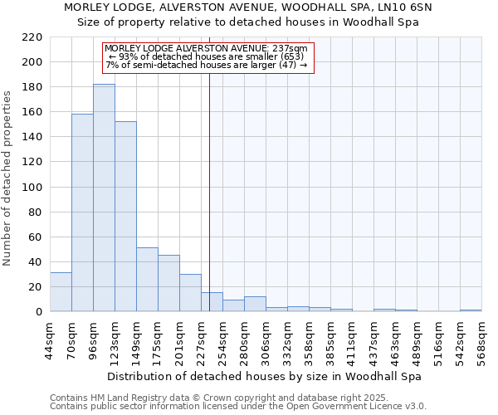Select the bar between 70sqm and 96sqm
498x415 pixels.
(82, 212)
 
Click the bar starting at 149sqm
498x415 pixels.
(147, 279)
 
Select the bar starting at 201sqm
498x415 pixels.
(190, 292)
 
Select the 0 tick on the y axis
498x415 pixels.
(39, 312)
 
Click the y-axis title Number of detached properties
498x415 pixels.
(8, 178)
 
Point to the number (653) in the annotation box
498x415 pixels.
(290, 56)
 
